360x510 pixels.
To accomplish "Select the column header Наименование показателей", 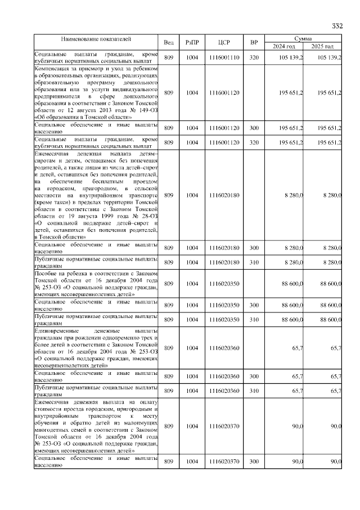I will tap(96, 39).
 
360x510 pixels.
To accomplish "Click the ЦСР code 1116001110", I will tap(224, 58).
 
